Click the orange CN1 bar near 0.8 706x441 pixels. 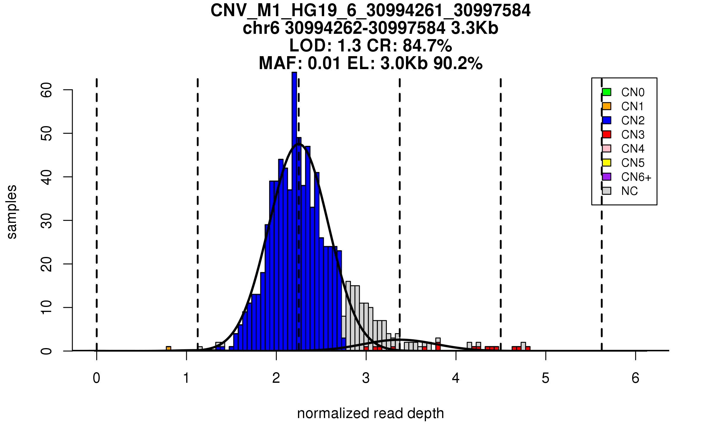[x=169, y=349]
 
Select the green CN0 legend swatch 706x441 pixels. [x=607, y=92]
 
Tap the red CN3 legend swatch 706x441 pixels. [x=607, y=134]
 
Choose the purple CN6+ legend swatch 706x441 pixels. [x=607, y=177]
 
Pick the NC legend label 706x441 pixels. [x=630, y=191]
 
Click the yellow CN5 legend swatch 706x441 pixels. [x=607, y=163]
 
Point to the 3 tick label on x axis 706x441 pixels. [x=366, y=378]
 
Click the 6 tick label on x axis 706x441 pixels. [x=635, y=378]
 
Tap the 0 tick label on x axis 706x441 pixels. [x=96, y=378]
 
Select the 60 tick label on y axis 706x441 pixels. [x=47, y=90]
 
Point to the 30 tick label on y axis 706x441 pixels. [x=47, y=220]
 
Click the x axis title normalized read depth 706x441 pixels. [x=370, y=413]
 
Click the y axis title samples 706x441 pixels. [x=12, y=212]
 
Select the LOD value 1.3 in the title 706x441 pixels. [x=349, y=46]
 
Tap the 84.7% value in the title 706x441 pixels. [x=427, y=46]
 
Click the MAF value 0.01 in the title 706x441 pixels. [x=324, y=63]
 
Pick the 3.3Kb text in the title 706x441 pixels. [x=474, y=28]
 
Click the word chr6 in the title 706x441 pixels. [x=261, y=28]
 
